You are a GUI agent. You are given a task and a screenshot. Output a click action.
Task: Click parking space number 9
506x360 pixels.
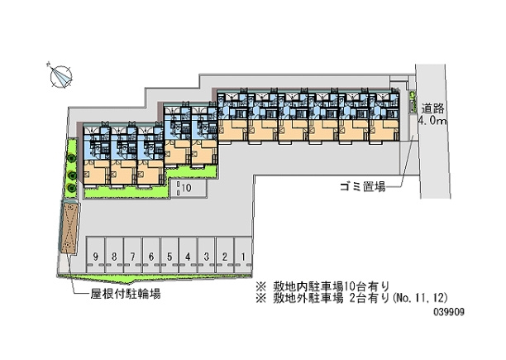[x=96, y=256]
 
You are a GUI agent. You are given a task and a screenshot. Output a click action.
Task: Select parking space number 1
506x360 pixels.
[x=243, y=256]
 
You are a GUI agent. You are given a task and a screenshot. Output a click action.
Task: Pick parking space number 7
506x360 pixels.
[x=132, y=256]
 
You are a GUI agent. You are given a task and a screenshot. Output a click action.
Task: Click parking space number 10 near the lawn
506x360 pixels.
[x=189, y=188]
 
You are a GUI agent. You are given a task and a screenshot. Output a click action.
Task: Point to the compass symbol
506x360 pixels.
[x=61, y=76]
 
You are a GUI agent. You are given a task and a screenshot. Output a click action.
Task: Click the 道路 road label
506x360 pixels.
[x=432, y=108]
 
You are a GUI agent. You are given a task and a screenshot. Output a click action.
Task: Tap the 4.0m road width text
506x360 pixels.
[x=432, y=121]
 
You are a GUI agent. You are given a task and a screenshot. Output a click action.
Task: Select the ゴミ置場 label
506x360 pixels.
[x=363, y=186]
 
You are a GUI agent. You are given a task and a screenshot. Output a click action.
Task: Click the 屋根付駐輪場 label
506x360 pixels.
[x=126, y=294]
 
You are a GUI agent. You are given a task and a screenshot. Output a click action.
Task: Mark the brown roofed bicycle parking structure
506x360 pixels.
[x=69, y=228]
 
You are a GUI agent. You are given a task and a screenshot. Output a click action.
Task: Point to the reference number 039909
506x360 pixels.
[x=449, y=312]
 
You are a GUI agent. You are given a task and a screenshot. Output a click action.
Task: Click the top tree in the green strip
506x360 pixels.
[x=71, y=159]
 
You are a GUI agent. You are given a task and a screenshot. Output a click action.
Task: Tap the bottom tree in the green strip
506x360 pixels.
[x=71, y=188]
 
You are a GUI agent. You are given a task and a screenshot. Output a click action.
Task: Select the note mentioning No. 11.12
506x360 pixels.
[x=351, y=298]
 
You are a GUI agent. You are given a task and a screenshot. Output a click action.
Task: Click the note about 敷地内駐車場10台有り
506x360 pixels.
[x=322, y=286]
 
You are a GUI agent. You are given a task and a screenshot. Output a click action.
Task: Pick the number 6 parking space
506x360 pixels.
[x=151, y=256]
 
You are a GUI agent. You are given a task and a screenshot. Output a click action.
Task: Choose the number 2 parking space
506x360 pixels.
[x=225, y=256]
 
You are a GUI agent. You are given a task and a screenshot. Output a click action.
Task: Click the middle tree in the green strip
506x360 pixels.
[x=72, y=175]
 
